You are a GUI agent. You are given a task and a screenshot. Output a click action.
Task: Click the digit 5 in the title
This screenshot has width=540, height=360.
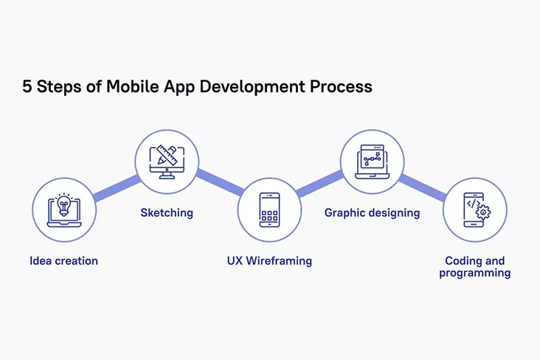(27, 86)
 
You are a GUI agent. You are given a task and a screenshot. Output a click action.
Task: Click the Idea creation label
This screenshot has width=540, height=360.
(63, 261)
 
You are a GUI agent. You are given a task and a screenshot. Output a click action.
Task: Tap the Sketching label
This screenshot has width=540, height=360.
(167, 213)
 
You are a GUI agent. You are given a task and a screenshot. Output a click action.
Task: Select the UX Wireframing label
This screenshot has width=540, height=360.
(269, 261)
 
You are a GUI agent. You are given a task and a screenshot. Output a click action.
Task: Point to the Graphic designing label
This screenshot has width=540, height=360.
(372, 213)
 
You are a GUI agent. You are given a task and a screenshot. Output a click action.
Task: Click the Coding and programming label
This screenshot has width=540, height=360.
(474, 266)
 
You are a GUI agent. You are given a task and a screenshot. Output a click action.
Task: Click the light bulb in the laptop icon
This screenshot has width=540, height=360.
(63, 204)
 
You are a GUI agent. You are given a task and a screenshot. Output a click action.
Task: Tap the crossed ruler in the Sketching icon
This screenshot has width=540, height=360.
(167, 156)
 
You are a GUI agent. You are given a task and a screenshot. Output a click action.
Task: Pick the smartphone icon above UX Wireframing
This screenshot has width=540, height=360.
(269, 210)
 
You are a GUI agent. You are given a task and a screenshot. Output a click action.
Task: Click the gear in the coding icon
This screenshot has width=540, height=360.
(483, 212)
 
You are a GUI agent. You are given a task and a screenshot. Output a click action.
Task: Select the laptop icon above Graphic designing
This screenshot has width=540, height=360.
(372, 162)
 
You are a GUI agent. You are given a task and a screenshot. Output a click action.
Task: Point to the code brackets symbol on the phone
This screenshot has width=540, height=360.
(474, 204)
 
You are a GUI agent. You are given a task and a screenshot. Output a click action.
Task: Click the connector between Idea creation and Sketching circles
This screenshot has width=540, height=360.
(117, 188)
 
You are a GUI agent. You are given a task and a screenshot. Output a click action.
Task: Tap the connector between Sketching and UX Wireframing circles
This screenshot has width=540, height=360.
(220, 183)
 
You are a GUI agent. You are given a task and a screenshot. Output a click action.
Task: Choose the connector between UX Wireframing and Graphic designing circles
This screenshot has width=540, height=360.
(320, 184)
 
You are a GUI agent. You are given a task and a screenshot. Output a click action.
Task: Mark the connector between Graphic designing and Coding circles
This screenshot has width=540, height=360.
(423, 187)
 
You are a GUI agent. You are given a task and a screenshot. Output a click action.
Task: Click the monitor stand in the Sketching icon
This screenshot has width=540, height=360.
(167, 176)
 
